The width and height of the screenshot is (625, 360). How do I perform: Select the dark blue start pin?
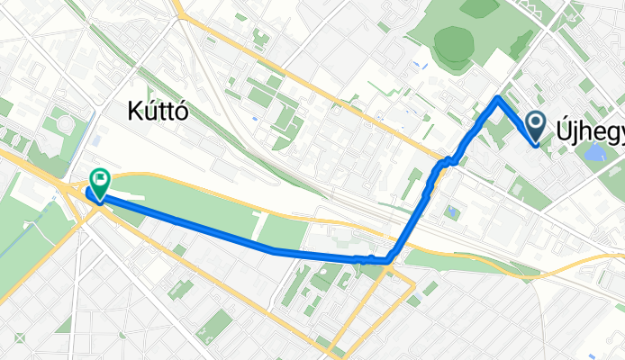[x=535, y=127]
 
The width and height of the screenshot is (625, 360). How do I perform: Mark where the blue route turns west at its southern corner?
[x=388, y=261]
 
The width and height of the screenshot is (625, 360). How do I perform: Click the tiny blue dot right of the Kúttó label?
[x=256, y=117]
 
